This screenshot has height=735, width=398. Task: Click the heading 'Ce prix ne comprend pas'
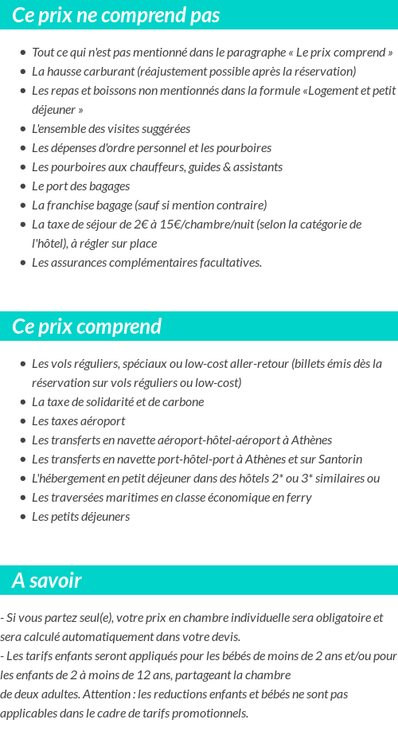(116, 15)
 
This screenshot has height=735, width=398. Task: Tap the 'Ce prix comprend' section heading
(87, 326)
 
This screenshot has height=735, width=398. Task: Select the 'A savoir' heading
(46, 581)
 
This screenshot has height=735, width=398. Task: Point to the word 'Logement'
(334, 91)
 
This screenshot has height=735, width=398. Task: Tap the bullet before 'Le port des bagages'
(22, 186)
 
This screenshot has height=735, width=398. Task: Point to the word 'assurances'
(76, 263)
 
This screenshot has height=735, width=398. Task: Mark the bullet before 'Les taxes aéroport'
(22, 421)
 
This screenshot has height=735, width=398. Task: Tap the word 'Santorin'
(340, 459)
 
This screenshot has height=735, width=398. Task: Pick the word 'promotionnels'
(209, 713)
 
